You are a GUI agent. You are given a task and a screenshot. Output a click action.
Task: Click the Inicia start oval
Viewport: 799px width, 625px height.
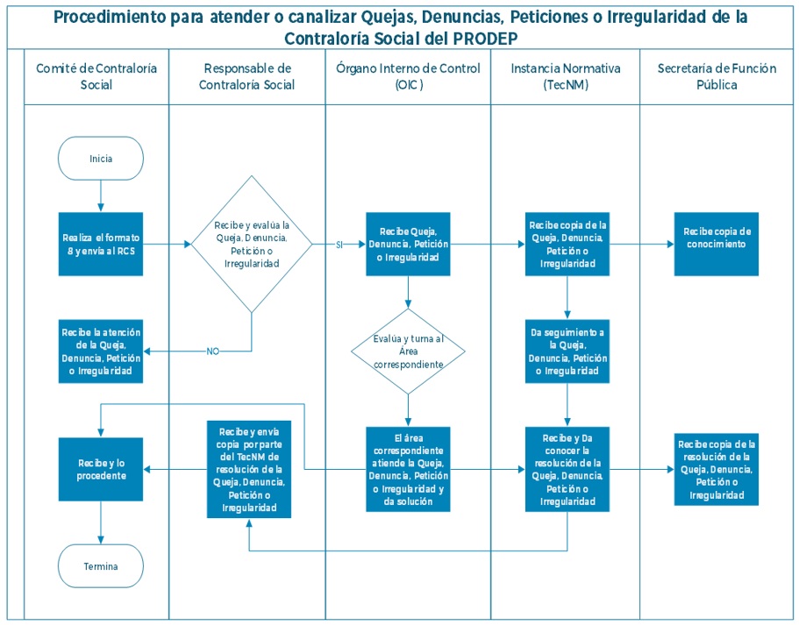point(101,159)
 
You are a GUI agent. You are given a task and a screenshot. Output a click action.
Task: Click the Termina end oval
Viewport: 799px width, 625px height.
point(101,565)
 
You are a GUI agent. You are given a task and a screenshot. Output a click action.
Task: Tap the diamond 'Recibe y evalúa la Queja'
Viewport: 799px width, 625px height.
point(252,245)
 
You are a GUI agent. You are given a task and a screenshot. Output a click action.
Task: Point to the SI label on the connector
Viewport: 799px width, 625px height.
point(339,245)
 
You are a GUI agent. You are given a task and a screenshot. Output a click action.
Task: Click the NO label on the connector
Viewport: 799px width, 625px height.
point(212,351)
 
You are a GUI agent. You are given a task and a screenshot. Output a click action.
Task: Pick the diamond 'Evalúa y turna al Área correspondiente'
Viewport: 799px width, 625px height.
point(408,351)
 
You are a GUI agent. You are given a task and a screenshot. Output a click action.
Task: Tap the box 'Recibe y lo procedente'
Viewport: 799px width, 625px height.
point(101,469)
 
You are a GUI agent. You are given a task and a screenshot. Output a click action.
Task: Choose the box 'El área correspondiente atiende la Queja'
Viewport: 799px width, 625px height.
point(408,469)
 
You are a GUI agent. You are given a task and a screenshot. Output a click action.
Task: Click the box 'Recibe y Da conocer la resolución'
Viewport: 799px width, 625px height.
point(567,469)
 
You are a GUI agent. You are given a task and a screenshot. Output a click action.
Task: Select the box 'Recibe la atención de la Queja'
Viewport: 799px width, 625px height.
point(101,351)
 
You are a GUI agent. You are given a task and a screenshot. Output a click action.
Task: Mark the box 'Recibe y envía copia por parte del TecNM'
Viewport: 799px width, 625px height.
point(250,469)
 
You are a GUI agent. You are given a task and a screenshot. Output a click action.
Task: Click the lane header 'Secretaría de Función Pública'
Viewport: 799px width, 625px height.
point(717,77)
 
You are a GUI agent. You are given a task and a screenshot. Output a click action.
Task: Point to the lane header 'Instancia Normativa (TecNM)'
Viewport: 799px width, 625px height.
point(567,77)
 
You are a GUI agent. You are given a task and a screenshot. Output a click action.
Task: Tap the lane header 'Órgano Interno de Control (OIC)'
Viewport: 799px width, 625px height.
point(408,77)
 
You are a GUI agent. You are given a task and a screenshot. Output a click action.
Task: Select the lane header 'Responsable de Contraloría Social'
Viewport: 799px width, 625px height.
point(246,77)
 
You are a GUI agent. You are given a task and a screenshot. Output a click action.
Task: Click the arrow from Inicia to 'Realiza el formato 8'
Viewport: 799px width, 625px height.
point(101,195)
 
